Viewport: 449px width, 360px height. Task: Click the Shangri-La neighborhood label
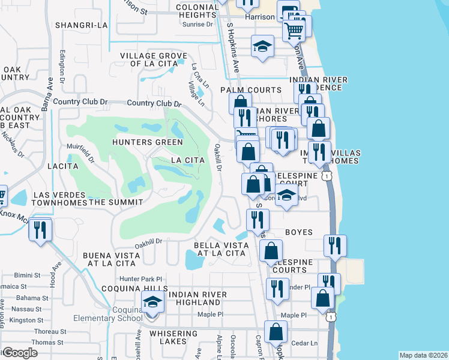[x=80, y=25]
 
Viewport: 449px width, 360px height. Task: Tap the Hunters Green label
[x=147, y=142]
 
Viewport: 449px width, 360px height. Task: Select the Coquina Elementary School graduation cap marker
[x=152, y=302]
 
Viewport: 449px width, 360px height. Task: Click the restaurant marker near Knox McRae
[x=40, y=230]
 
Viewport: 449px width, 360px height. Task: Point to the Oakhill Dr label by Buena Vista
[x=148, y=242]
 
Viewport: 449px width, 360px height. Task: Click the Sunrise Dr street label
[x=197, y=26]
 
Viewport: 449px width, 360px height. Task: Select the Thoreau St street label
[x=49, y=331]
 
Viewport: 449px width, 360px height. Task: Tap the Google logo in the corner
[x=20, y=353]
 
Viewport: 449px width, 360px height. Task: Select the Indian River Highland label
[x=197, y=298]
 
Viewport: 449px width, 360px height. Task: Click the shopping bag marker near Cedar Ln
[x=276, y=332]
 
